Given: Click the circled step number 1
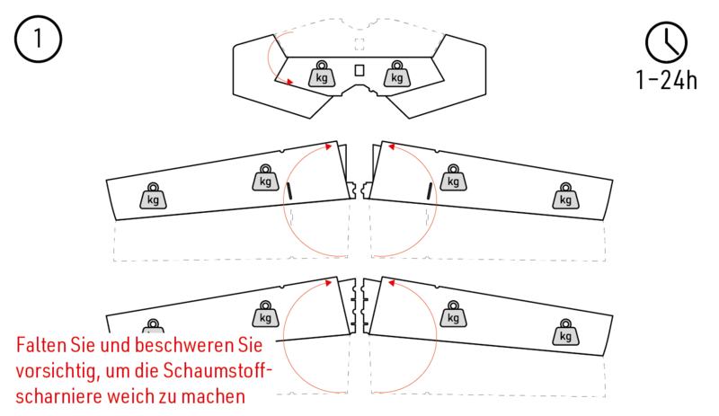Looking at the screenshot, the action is click(x=38, y=39).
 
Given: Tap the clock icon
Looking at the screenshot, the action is click(x=666, y=42).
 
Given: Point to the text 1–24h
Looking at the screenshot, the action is click(x=667, y=80).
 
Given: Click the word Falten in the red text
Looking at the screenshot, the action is click(x=40, y=344).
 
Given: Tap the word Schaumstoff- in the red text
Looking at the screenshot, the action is click(x=217, y=370).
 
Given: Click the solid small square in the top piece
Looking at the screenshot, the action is click(x=359, y=70).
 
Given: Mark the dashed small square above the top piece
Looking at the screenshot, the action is click(x=359, y=44).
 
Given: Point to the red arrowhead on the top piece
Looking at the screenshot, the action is click(x=289, y=82).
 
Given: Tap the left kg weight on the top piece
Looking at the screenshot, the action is click(x=322, y=75).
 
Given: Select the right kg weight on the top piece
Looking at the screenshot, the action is click(x=396, y=75).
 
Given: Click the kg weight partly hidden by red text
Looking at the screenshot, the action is click(x=153, y=327).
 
